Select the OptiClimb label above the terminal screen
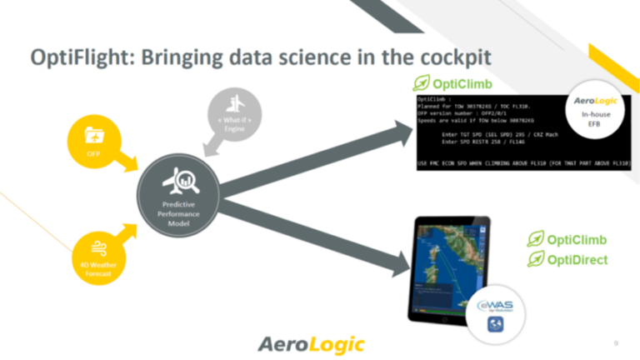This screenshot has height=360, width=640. click(455, 84)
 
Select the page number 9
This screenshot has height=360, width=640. click(616, 342)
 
